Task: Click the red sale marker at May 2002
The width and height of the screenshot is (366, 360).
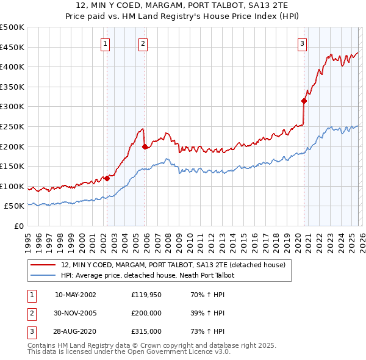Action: click(x=107, y=178)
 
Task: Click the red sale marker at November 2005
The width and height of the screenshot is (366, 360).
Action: click(x=145, y=146)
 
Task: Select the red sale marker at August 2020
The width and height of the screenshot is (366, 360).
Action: click(x=304, y=101)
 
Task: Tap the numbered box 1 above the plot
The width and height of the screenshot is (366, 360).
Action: click(x=106, y=43)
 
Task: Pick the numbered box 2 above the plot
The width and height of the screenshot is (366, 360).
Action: click(x=143, y=43)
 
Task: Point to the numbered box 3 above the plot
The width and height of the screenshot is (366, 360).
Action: click(x=302, y=43)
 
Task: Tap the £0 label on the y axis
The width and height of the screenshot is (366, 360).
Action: click(x=20, y=226)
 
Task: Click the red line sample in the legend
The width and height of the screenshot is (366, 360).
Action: click(x=44, y=265)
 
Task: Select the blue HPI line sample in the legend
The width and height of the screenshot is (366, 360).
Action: click(x=44, y=276)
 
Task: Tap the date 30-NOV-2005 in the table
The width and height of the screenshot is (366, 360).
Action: click(x=76, y=313)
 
